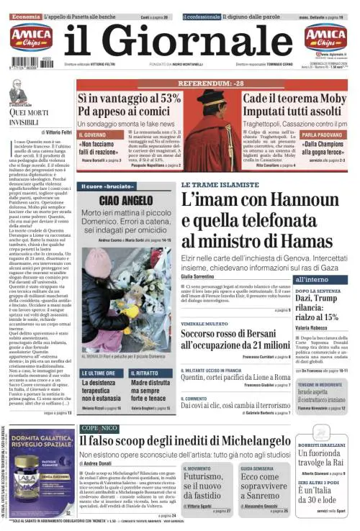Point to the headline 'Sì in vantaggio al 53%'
130,98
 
